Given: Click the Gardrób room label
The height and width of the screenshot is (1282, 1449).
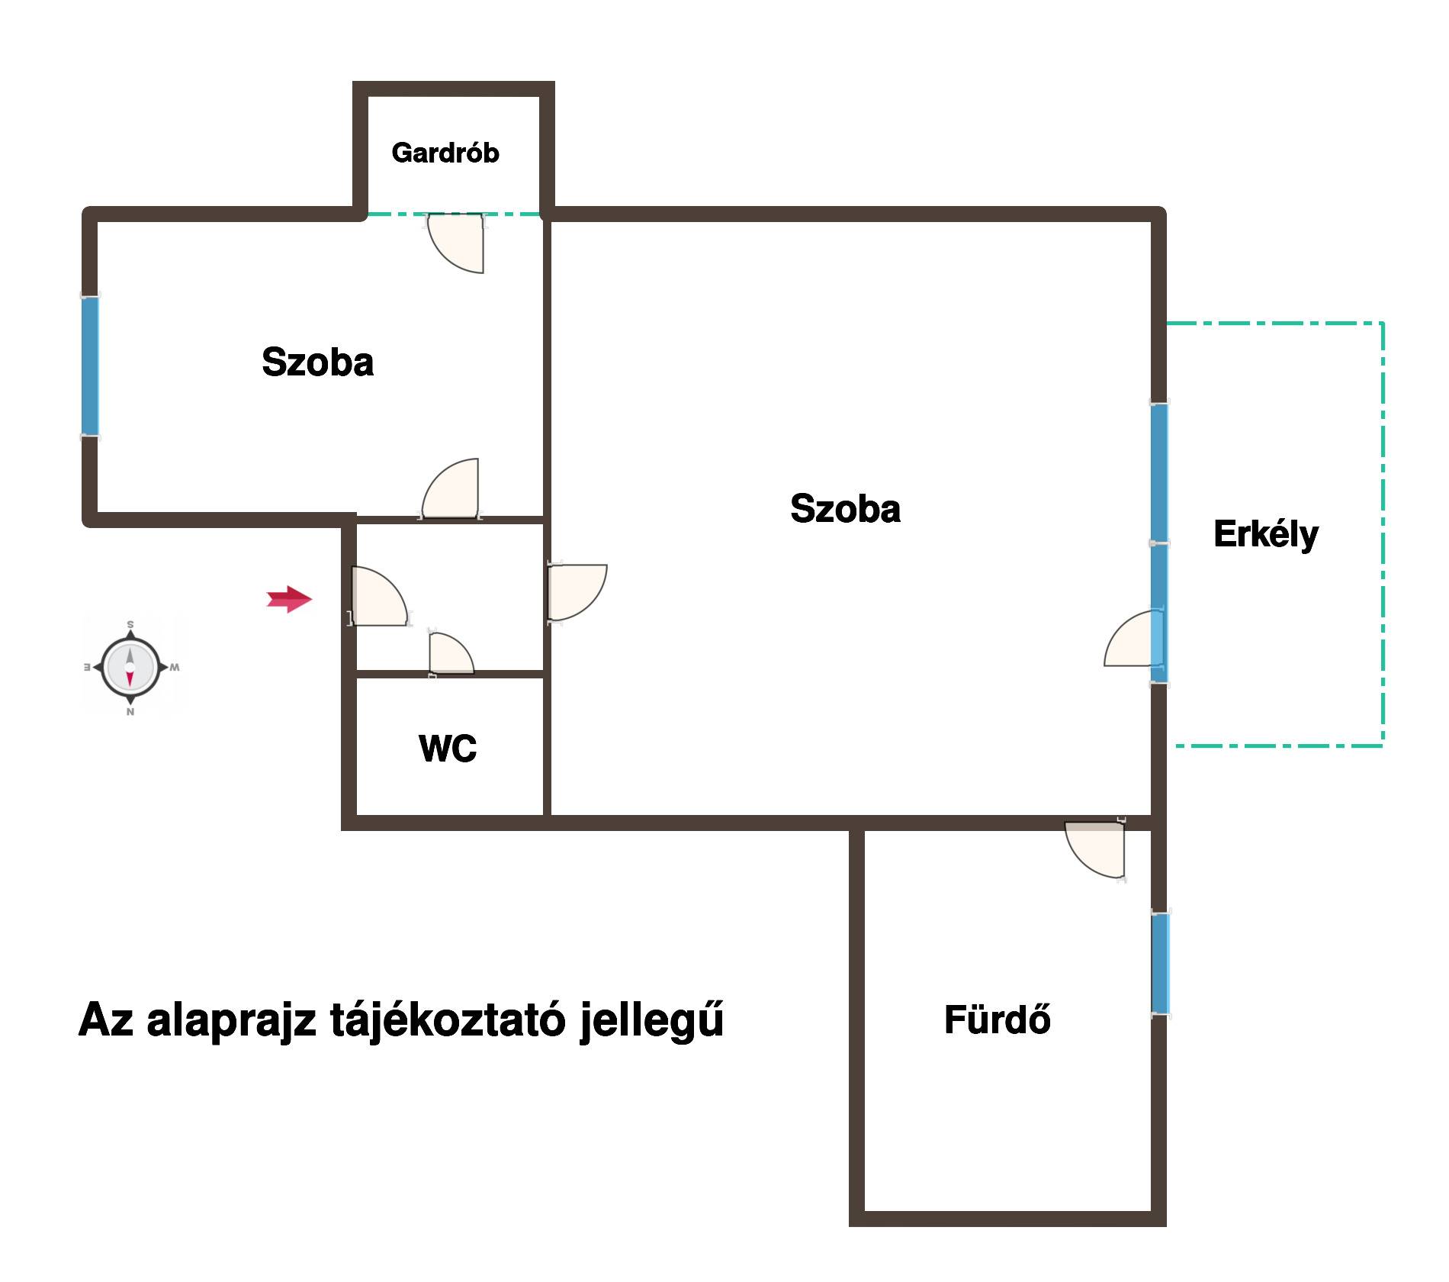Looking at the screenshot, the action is (445, 153).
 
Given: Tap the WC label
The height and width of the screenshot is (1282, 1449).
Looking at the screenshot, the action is (448, 749).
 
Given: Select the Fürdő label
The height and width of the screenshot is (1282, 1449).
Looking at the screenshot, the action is (998, 1019).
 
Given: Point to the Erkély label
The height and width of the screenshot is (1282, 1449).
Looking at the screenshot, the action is (1266, 534).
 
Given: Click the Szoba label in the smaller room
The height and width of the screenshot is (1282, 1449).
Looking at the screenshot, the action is (318, 362).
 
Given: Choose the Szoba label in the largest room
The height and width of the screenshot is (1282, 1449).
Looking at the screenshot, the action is (846, 508).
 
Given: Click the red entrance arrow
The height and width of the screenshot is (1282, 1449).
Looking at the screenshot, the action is (290, 599).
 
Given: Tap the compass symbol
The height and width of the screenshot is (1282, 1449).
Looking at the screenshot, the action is (130, 667).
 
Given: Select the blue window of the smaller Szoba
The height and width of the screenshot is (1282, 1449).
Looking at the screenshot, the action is (90, 366).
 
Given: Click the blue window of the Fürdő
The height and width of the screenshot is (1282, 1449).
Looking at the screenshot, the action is (1160, 964).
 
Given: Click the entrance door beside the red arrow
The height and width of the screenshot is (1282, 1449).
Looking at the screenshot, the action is (379, 596).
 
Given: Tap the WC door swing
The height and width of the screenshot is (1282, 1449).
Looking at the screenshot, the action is (451, 653).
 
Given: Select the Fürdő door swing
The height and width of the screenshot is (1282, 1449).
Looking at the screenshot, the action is (1095, 849).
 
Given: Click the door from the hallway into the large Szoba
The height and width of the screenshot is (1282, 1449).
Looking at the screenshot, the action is (577, 592).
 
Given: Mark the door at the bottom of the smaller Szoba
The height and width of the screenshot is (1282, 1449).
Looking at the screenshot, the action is (450, 488).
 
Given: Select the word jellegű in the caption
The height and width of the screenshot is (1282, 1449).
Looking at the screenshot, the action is (652, 1021).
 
